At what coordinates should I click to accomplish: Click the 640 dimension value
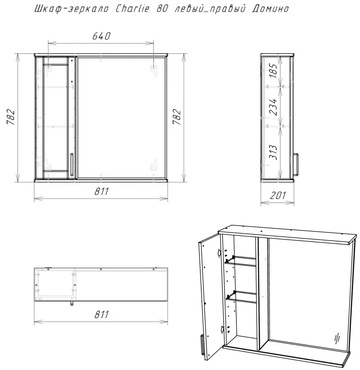[x=101, y=36]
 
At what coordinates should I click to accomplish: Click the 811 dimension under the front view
[x=102, y=191]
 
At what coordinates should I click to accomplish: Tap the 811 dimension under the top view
[x=102, y=314]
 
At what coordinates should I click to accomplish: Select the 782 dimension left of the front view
[x=11, y=117]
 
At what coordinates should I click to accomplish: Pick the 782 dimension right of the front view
[x=177, y=117]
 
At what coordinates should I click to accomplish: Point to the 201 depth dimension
[x=277, y=195]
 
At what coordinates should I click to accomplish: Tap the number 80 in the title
[x=162, y=8]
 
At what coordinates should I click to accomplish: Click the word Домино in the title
[x=270, y=9]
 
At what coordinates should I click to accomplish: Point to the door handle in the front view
[x=72, y=165]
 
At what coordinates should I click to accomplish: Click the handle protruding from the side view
[x=296, y=165]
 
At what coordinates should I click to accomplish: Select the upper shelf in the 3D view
[x=241, y=261]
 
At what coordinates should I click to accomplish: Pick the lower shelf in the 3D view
[x=241, y=297]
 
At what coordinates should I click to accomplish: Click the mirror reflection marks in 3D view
[x=337, y=338]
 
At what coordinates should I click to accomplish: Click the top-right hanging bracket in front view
[x=153, y=70]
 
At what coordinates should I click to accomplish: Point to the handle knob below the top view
[x=72, y=303]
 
